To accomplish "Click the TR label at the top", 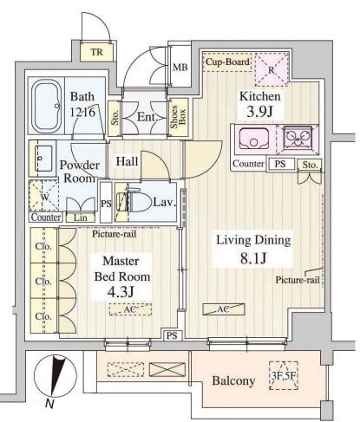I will click(99, 52).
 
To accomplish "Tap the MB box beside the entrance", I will click(180, 67).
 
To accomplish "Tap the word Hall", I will click(127, 161).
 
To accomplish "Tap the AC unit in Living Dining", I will click(217, 309).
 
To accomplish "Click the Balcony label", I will click(232, 380).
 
